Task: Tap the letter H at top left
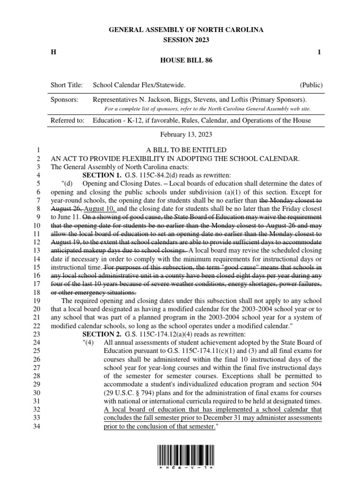(x=53, y=52)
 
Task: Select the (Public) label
(x=311, y=85)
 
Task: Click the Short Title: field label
(x=67, y=85)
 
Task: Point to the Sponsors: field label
(x=65, y=100)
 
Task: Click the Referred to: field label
(x=67, y=121)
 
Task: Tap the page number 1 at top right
(x=319, y=52)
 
